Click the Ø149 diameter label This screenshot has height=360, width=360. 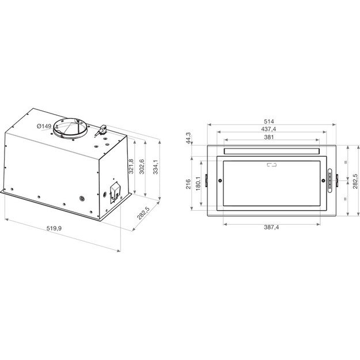(x=43, y=126)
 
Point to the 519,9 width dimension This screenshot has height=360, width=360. (x=54, y=229)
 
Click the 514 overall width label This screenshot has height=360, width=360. (x=268, y=121)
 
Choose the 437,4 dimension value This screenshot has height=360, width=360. (x=269, y=129)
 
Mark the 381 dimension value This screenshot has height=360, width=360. (x=269, y=138)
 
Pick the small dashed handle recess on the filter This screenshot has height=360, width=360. (x=271, y=166)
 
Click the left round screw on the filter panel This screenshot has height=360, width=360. (x=221, y=182)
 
